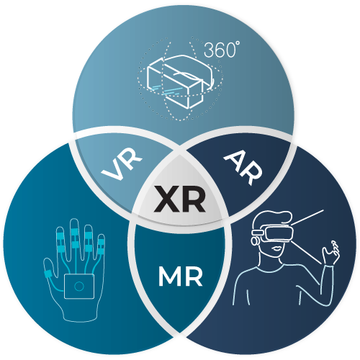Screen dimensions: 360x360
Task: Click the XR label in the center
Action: tap(180, 199)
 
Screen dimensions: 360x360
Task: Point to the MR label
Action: tap(181, 276)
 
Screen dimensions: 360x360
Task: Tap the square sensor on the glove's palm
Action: tap(79, 287)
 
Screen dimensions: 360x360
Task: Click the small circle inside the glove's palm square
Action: tap(79, 287)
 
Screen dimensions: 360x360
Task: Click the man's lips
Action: tap(277, 248)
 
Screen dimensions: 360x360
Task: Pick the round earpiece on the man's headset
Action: tap(255, 241)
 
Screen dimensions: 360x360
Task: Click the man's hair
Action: tap(273, 218)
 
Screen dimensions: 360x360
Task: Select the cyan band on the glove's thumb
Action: tap(48, 274)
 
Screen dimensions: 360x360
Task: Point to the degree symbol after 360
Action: tap(238, 43)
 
